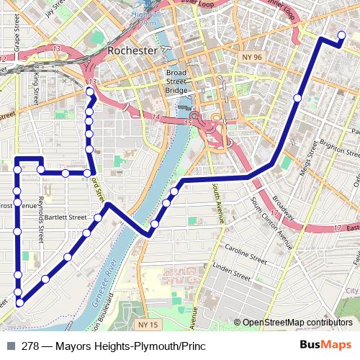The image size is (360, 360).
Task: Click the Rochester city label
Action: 132,51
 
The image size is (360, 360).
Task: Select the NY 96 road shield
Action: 250,55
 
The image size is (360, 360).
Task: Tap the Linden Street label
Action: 230,270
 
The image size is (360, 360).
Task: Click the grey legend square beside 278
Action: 11,346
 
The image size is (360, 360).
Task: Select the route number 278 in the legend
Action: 30,346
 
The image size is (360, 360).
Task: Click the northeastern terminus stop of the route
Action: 341,36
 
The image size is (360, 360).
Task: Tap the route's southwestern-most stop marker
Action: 19,303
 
